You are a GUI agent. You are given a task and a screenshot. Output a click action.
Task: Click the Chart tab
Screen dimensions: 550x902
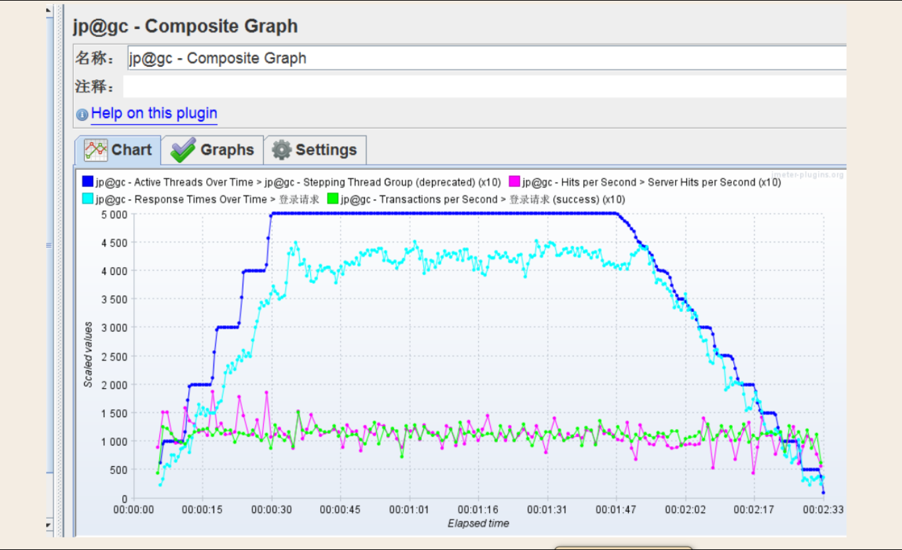click(x=118, y=150)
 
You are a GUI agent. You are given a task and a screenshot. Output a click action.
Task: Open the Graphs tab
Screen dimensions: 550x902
click(x=212, y=150)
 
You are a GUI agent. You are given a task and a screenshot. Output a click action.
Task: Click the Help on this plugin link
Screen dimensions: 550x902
click(x=154, y=114)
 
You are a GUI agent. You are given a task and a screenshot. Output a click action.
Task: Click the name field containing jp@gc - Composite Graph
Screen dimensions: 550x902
click(x=486, y=58)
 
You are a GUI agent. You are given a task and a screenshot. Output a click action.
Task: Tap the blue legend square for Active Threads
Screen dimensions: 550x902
click(x=87, y=182)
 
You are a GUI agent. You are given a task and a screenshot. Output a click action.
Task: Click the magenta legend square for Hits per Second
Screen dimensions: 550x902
click(x=514, y=182)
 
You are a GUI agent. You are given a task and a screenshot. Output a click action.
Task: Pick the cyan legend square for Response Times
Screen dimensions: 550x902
click(x=87, y=199)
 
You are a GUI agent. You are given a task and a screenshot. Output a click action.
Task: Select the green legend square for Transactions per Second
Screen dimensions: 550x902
click(x=333, y=199)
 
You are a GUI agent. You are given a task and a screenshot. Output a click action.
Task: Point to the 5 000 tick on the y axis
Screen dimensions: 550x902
click(x=114, y=214)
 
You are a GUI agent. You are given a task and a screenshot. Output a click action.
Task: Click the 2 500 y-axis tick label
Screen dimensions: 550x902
click(x=114, y=356)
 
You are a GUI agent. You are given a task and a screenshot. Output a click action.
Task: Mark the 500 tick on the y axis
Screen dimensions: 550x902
click(x=118, y=470)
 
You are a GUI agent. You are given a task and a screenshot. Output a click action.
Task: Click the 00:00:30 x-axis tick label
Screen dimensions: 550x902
click(x=271, y=510)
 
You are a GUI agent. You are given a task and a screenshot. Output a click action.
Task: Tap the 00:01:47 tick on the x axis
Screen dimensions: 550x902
click(x=616, y=510)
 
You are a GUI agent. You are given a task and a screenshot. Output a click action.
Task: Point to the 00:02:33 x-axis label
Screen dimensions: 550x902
click(x=823, y=510)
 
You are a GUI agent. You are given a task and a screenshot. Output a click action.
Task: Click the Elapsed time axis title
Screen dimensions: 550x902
click(x=478, y=524)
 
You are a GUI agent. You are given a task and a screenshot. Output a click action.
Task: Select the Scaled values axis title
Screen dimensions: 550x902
click(x=89, y=355)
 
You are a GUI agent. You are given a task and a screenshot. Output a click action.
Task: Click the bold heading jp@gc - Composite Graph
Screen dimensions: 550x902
click(x=185, y=26)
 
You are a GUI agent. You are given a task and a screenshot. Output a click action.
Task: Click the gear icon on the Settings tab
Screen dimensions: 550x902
click(x=282, y=150)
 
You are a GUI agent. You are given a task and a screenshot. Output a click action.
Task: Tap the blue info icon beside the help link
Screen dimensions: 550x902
click(x=82, y=115)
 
